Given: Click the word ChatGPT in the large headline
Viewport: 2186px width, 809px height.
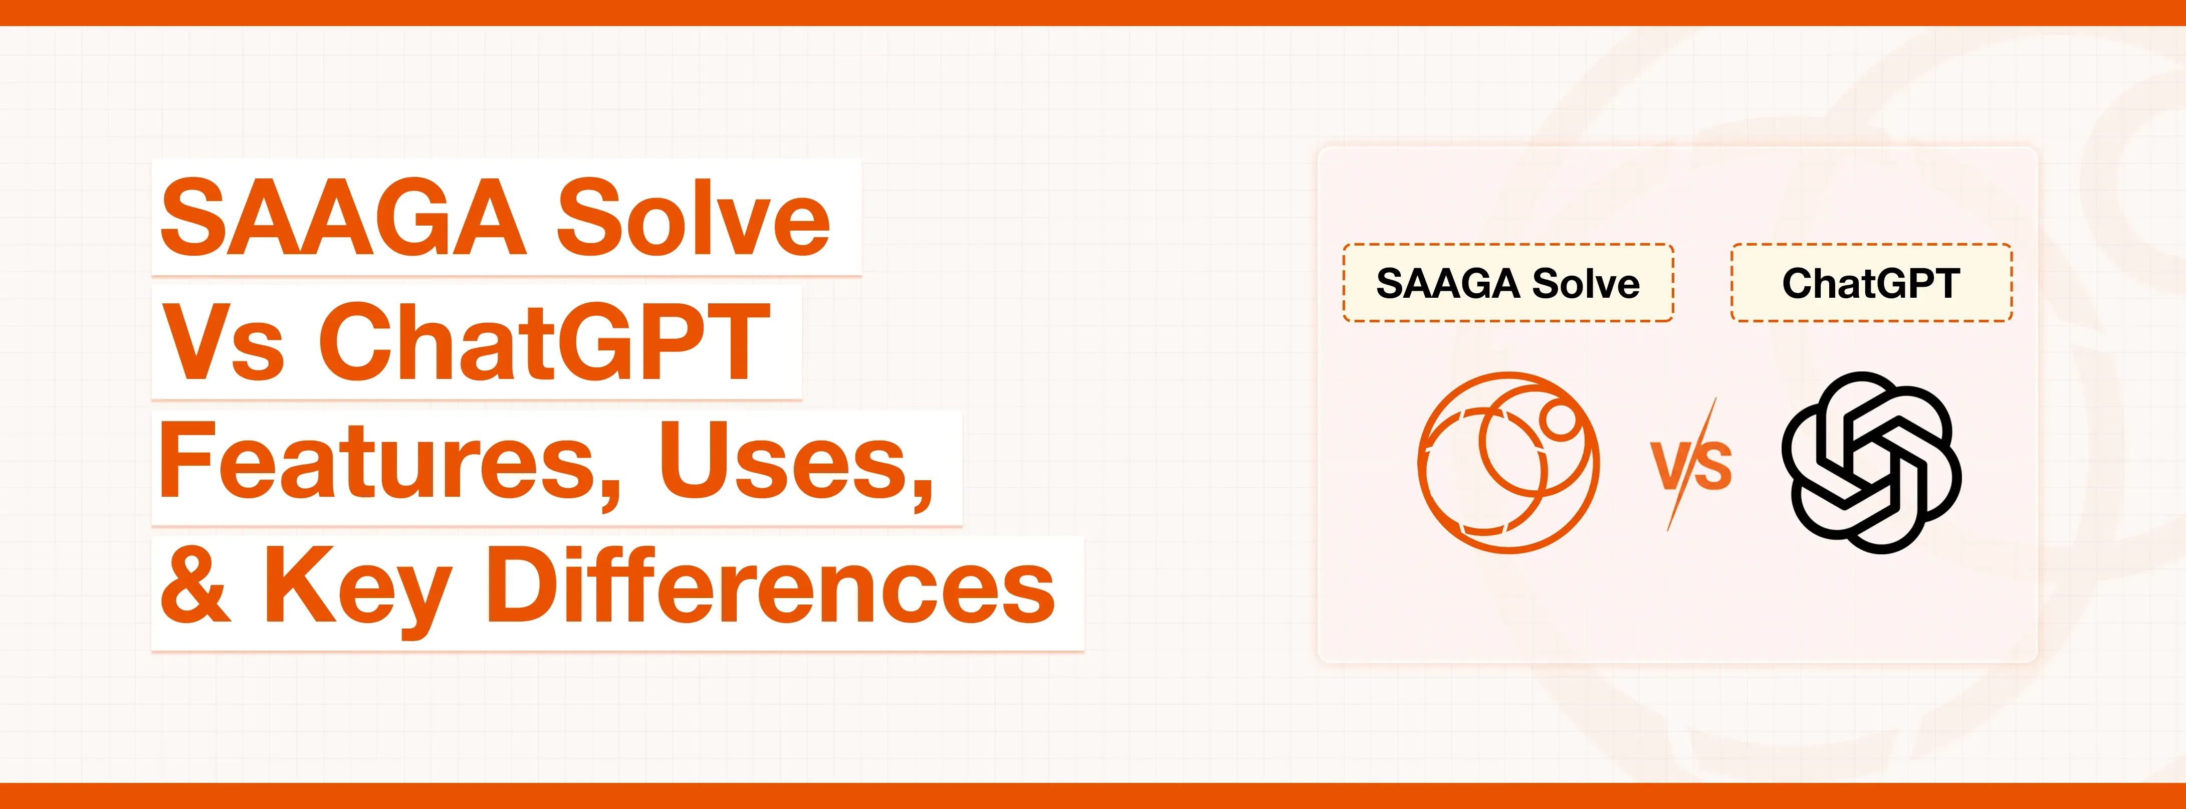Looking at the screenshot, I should click(x=544, y=342).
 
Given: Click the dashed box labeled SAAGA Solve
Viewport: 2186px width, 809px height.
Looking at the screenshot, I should click(x=1507, y=283).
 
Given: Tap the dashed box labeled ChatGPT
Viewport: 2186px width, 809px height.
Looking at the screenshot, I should click(x=1871, y=283).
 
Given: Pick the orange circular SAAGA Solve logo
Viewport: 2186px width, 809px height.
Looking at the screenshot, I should click(x=1508, y=463).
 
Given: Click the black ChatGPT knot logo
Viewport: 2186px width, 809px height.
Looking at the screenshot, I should click(x=1871, y=463).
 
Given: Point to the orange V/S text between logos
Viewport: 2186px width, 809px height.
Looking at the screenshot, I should click(x=1691, y=465).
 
